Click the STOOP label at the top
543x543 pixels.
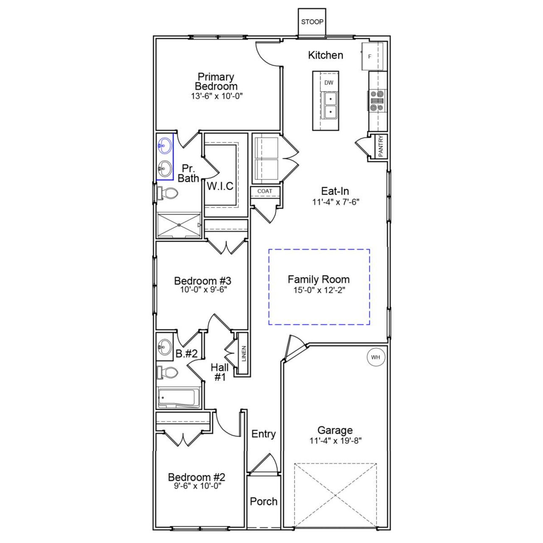[312, 22]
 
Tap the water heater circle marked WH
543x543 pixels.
[375, 357]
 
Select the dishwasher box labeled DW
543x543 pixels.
[329, 83]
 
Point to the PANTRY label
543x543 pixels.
[381, 146]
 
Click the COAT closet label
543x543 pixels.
[265, 191]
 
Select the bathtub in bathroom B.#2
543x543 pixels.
[178, 398]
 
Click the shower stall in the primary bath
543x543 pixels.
[179, 225]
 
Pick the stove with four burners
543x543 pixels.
[377, 101]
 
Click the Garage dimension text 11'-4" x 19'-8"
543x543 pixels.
[335, 441]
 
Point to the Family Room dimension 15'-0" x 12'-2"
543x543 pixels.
[319, 290]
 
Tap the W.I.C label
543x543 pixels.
[220, 186]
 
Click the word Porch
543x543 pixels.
[263, 501]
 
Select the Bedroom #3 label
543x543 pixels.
[202, 281]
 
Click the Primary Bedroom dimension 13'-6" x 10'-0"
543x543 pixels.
[216, 96]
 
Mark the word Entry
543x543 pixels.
[263, 434]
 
